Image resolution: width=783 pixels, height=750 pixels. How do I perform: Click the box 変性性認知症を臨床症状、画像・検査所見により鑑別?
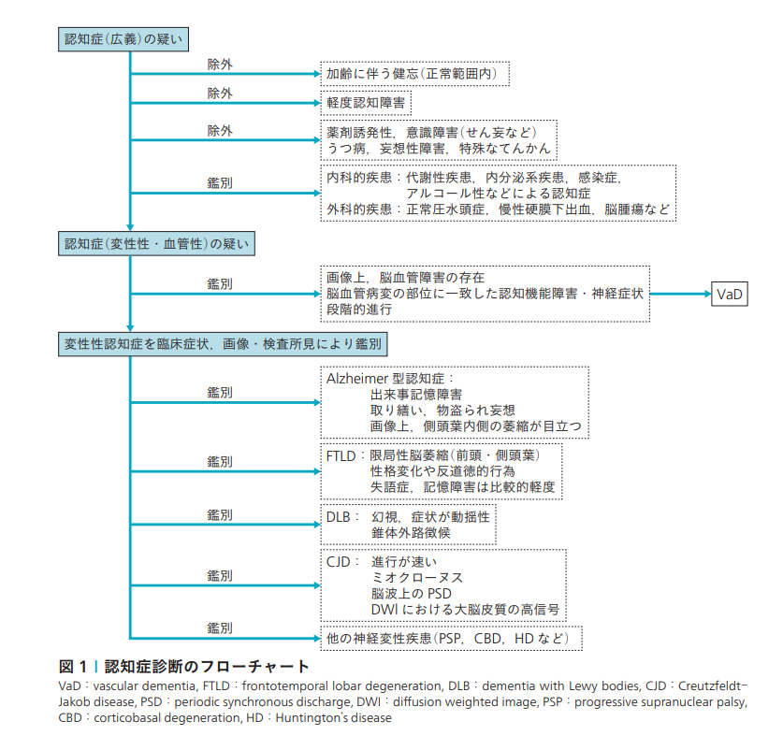(221, 345)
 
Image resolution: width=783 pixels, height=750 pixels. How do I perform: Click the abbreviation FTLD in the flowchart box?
(342, 455)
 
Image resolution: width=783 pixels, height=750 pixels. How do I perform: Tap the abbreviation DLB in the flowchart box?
(340, 516)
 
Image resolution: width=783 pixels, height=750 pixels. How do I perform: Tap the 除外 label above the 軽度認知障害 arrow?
(220, 94)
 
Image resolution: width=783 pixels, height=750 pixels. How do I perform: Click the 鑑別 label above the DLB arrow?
(220, 514)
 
